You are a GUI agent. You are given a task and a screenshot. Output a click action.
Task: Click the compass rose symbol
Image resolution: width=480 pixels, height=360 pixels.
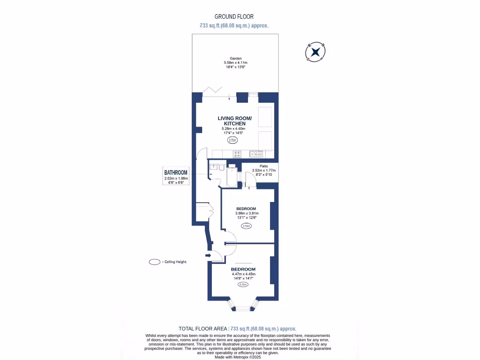[316, 52]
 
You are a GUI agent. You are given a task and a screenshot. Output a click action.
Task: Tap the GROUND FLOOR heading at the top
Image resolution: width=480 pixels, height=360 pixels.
[234, 16]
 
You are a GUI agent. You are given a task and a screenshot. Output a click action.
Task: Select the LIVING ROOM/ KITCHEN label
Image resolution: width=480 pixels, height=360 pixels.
[234, 120]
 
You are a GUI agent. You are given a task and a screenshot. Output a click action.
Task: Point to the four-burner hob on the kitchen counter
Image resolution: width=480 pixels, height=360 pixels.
[237, 153]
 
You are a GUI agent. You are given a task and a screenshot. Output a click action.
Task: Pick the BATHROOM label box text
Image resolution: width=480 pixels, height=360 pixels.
[176, 172]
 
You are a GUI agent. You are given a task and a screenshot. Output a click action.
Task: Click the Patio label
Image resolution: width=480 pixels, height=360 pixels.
[263, 165]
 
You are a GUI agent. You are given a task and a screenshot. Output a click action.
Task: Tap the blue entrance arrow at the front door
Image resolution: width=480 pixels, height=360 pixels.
[208, 255]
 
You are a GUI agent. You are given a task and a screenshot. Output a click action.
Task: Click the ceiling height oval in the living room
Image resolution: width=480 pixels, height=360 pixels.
[232, 140]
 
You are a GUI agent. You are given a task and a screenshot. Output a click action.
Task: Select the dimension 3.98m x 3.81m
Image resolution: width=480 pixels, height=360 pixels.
[246, 213]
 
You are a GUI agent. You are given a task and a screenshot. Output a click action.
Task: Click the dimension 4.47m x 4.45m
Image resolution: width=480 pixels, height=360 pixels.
[243, 274]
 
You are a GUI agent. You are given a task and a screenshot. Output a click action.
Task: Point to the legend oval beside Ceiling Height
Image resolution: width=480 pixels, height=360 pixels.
[154, 262]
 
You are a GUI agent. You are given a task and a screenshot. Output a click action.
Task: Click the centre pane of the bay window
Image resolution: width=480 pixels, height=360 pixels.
[242, 309]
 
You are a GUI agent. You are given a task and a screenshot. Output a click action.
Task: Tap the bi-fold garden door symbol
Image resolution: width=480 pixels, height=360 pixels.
[214, 90]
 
